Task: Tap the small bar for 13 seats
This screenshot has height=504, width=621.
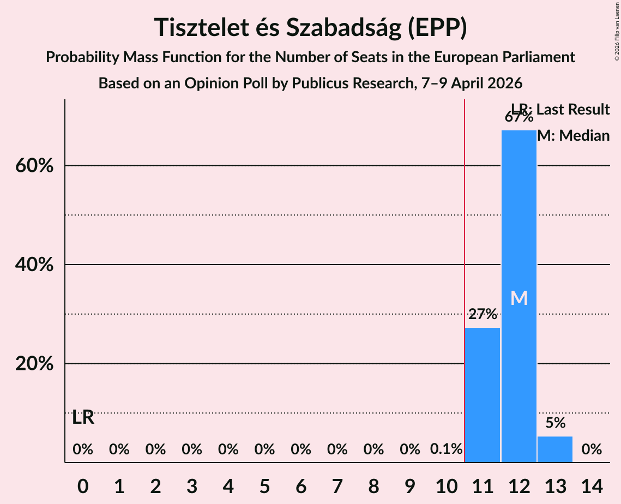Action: (555, 449)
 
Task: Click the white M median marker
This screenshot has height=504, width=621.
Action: (519, 298)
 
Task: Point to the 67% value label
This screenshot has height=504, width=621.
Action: (518, 117)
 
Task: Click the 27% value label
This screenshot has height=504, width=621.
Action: (483, 314)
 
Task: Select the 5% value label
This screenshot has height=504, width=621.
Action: (555, 423)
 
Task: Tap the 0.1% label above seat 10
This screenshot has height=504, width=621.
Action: (446, 449)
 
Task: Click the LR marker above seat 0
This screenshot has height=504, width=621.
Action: (83, 418)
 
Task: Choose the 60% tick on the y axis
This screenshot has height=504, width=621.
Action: (34, 166)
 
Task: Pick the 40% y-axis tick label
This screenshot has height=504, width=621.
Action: (34, 265)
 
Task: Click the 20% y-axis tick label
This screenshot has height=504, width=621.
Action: (34, 364)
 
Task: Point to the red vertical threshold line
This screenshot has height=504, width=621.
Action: (464, 273)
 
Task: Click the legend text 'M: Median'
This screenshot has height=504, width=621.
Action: (573, 135)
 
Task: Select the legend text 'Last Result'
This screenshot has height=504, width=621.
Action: (572, 110)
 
